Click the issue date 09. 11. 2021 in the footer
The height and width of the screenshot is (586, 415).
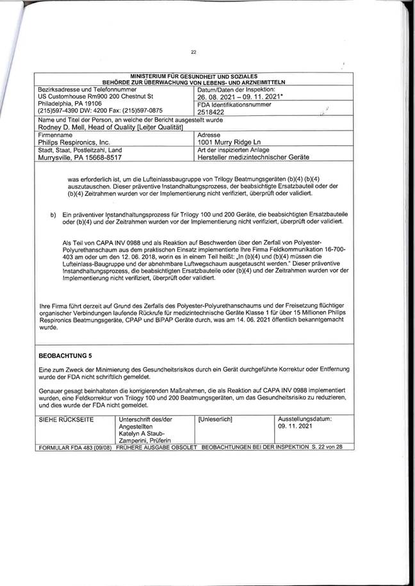click(293, 425)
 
